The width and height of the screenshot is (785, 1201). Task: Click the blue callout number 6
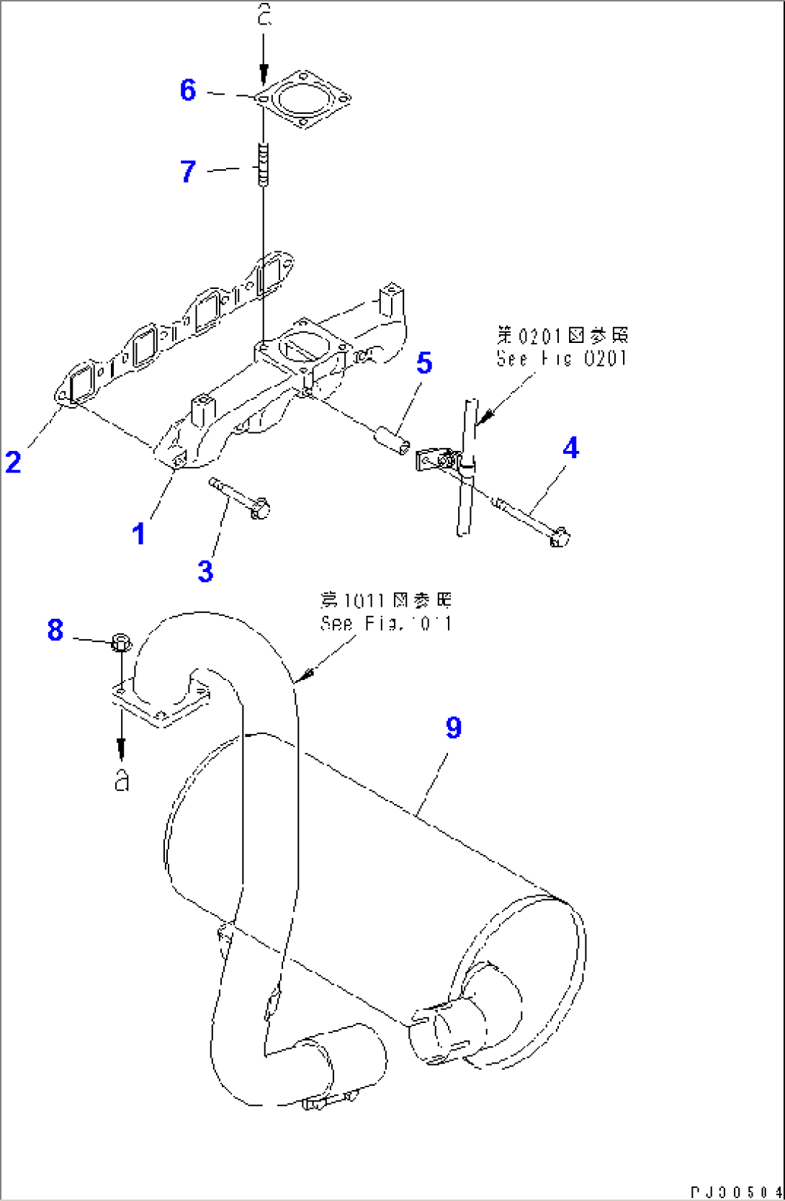coord(188,90)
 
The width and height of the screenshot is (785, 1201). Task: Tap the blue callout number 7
coord(188,171)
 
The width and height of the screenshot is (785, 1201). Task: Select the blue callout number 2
coord(13,462)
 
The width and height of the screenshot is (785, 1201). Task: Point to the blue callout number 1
coord(138,535)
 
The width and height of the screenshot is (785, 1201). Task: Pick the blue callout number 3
coord(205,571)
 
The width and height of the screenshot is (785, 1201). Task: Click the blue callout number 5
coord(424,363)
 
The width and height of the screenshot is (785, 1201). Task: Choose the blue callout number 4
coord(570,448)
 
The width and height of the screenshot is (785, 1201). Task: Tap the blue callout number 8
coord(55,630)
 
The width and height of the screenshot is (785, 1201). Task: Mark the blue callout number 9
coord(453,728)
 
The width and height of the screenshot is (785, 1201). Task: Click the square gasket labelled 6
coord(303,99)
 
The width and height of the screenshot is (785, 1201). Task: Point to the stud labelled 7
coord(264,165)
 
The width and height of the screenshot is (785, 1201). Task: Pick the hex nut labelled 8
coord(121,641)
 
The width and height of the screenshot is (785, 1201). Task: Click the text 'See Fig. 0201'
coord(562,358)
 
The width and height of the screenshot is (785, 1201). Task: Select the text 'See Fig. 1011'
coord(387,623)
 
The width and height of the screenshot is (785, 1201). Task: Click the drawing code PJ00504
coord(735,1192)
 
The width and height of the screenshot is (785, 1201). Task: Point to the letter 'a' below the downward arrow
coord(122,780)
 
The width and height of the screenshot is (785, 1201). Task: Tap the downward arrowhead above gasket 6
coord(264,73)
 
